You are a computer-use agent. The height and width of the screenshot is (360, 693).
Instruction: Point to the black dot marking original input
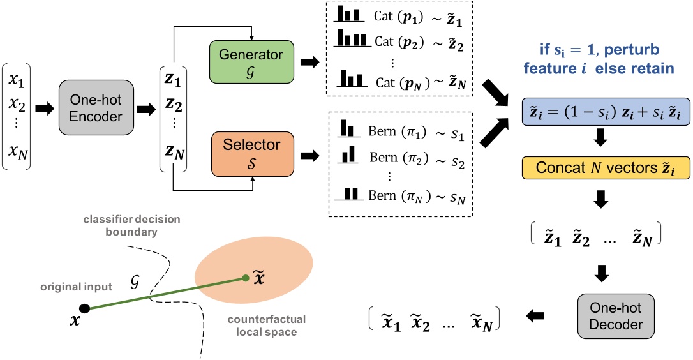[x=85, y=309]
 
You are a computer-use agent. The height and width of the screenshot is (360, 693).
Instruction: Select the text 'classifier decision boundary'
[x=131, y=225]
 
